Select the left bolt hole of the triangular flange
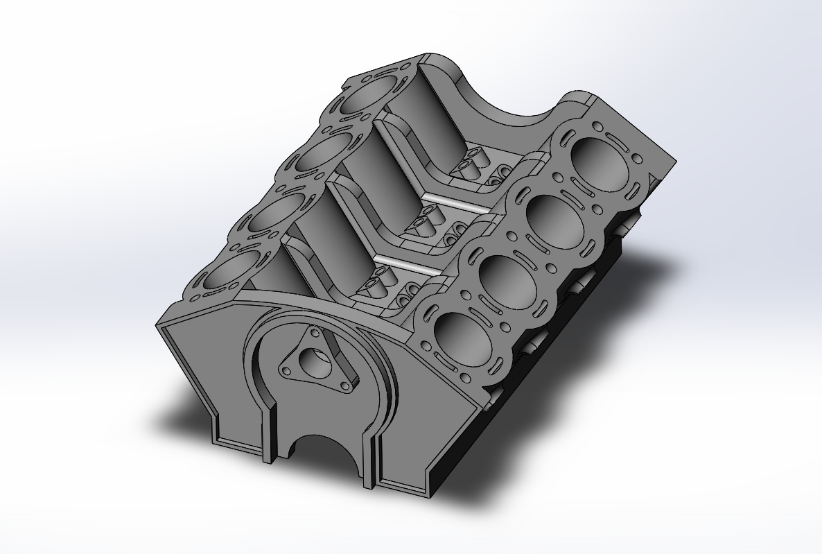[285, 370]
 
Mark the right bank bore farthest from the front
[597, 159]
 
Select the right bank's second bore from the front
[504, 277]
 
